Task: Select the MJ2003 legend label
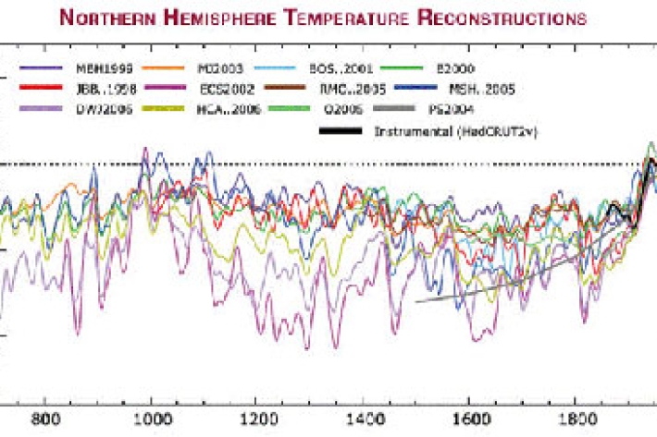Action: [221, 67]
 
